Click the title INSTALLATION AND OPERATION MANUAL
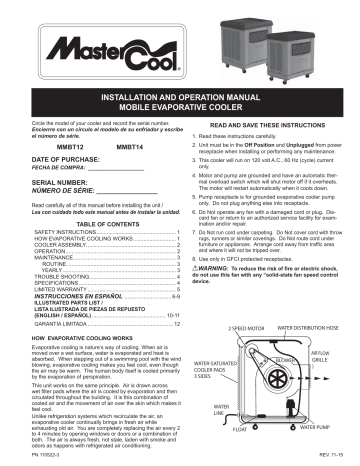[x=180, y=96]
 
